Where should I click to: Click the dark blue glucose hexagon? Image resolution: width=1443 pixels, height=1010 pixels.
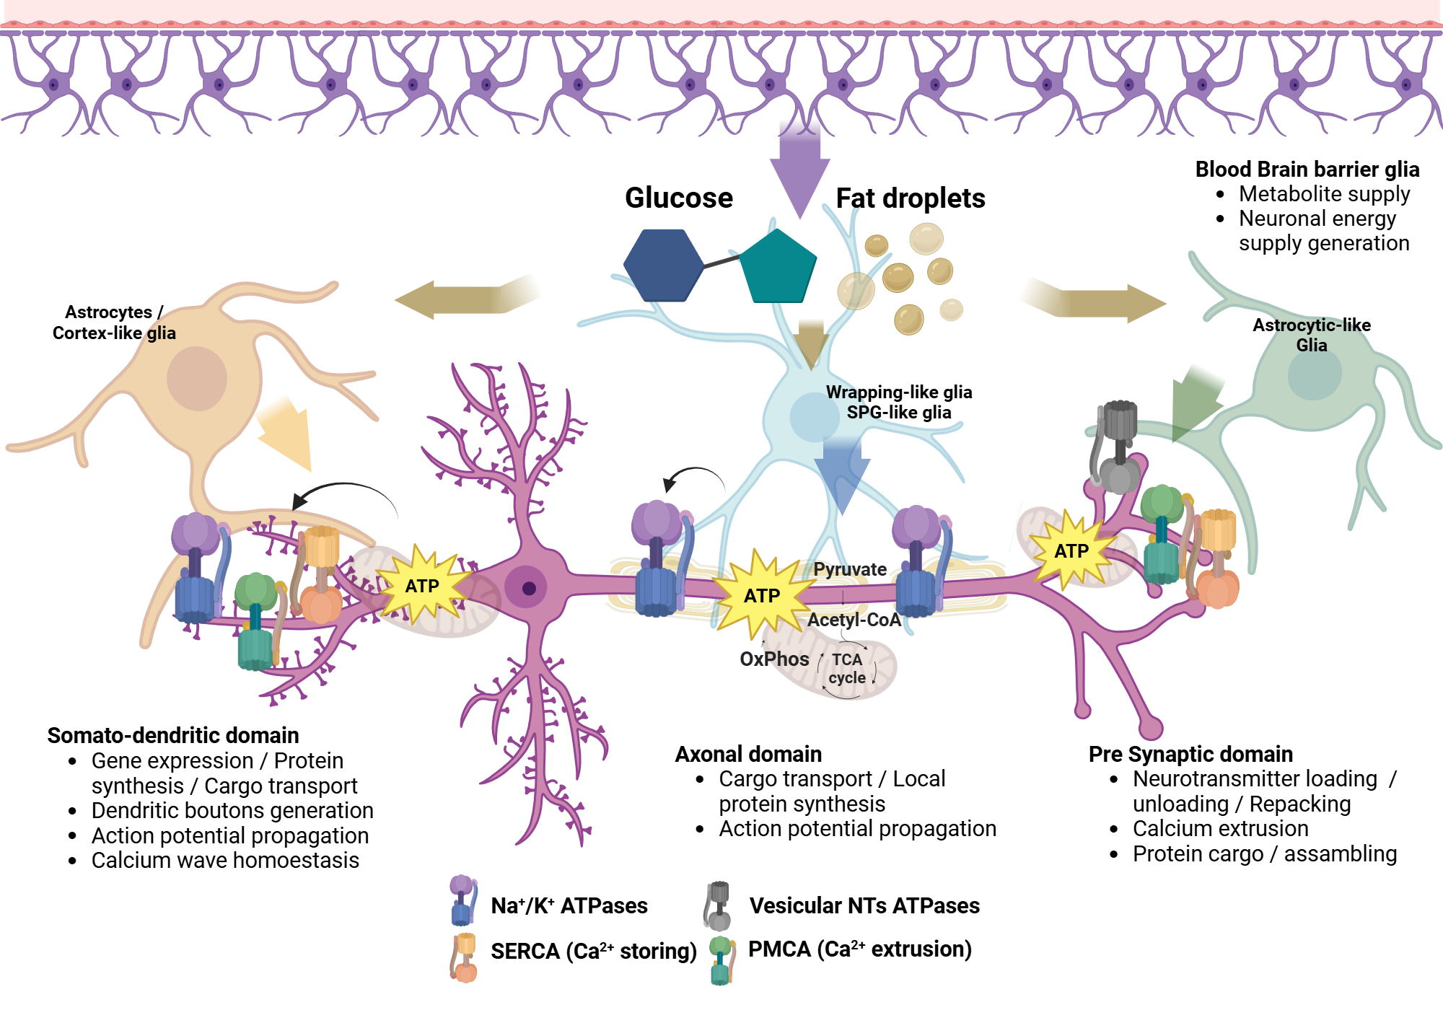click(x=662, y=265)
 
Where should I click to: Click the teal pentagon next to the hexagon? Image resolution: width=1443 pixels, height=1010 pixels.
click(x=778, y=268)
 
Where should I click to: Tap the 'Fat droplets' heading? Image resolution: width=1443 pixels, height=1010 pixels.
click(x=910, y=198)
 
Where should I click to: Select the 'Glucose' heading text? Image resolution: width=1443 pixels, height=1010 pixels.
click(x=678, y=198)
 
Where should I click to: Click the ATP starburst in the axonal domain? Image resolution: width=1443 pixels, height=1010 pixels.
click(x=762, y=596)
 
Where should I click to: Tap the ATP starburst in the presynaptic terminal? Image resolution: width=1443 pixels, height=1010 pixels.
click(x=1071, y=551)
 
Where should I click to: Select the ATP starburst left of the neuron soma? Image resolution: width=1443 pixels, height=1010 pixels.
click(x=422, y=586)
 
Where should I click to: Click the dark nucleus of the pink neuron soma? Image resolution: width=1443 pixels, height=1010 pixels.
click(x=528, y=588)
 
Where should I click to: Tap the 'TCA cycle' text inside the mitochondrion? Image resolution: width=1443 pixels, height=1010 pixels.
click(x=846, y=669)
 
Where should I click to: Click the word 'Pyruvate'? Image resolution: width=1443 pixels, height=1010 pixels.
click(x=849, y=569)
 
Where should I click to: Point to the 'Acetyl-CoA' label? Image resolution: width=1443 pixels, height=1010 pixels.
click(x=854, y=620)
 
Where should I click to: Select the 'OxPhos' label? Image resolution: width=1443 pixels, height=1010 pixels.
click(x=774, y=659)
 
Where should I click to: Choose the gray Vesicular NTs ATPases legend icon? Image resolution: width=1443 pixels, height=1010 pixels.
click(x=718, y=905)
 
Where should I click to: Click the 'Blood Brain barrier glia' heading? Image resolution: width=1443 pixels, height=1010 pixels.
click(x=1307, y=170)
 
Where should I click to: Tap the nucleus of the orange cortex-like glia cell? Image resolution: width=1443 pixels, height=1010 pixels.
click(x=197, y=378)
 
